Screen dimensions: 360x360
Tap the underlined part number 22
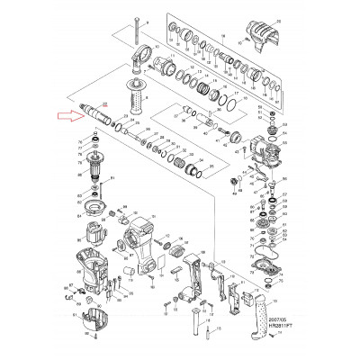(105, 104)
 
